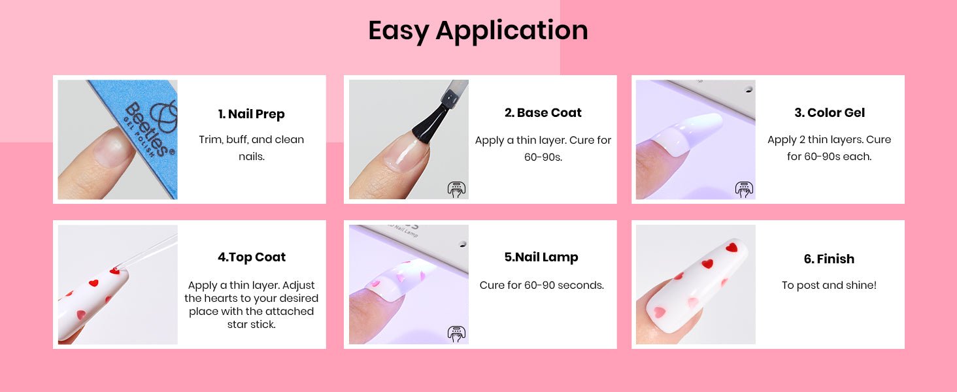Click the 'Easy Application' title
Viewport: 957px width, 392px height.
[478, 31]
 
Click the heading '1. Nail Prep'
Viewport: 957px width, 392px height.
[251, 114]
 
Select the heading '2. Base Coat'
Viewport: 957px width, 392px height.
[543, 112]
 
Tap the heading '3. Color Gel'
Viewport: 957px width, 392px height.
[830, 112]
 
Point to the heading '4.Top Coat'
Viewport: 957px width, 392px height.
[251, 257]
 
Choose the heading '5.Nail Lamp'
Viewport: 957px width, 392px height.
[541, 257]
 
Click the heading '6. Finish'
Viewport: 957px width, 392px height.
[829, 259]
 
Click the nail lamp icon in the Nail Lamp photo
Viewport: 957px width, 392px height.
[456, 333]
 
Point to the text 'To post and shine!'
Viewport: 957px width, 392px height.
[829, 286]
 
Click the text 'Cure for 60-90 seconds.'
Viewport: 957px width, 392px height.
[541, 286]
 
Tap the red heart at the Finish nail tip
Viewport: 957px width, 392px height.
[731, 247]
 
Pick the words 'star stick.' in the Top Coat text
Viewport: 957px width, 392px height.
[251, 325]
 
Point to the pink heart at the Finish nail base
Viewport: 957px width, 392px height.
[660, 312]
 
